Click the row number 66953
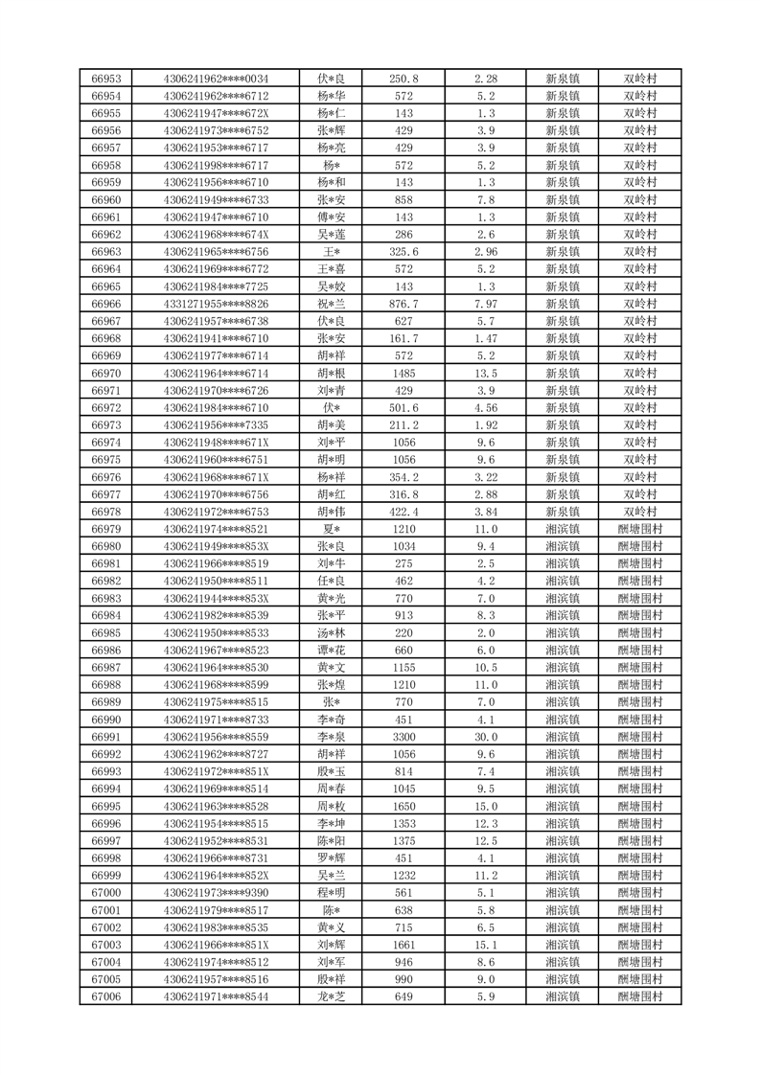click(105, 79)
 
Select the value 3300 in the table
click(404, 737)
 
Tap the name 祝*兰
click(332, 304)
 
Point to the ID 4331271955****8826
click(217, 304)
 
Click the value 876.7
click(404, 304)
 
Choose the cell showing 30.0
click(486, 737)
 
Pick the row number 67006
click(105, 996)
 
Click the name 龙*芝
click(332, 996)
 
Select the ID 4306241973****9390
click(217, 893)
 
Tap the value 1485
click(404, 373)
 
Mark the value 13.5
click(486, 373)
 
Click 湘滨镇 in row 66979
click(563, 529)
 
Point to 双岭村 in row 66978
click(640, 512)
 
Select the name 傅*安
click(332, 217)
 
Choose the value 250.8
click(404, 79)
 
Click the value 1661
click(404, 945)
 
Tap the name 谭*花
click(332, 650)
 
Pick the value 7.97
click(486, 304)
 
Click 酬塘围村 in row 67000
click(640, 893)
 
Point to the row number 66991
click(105, 737)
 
